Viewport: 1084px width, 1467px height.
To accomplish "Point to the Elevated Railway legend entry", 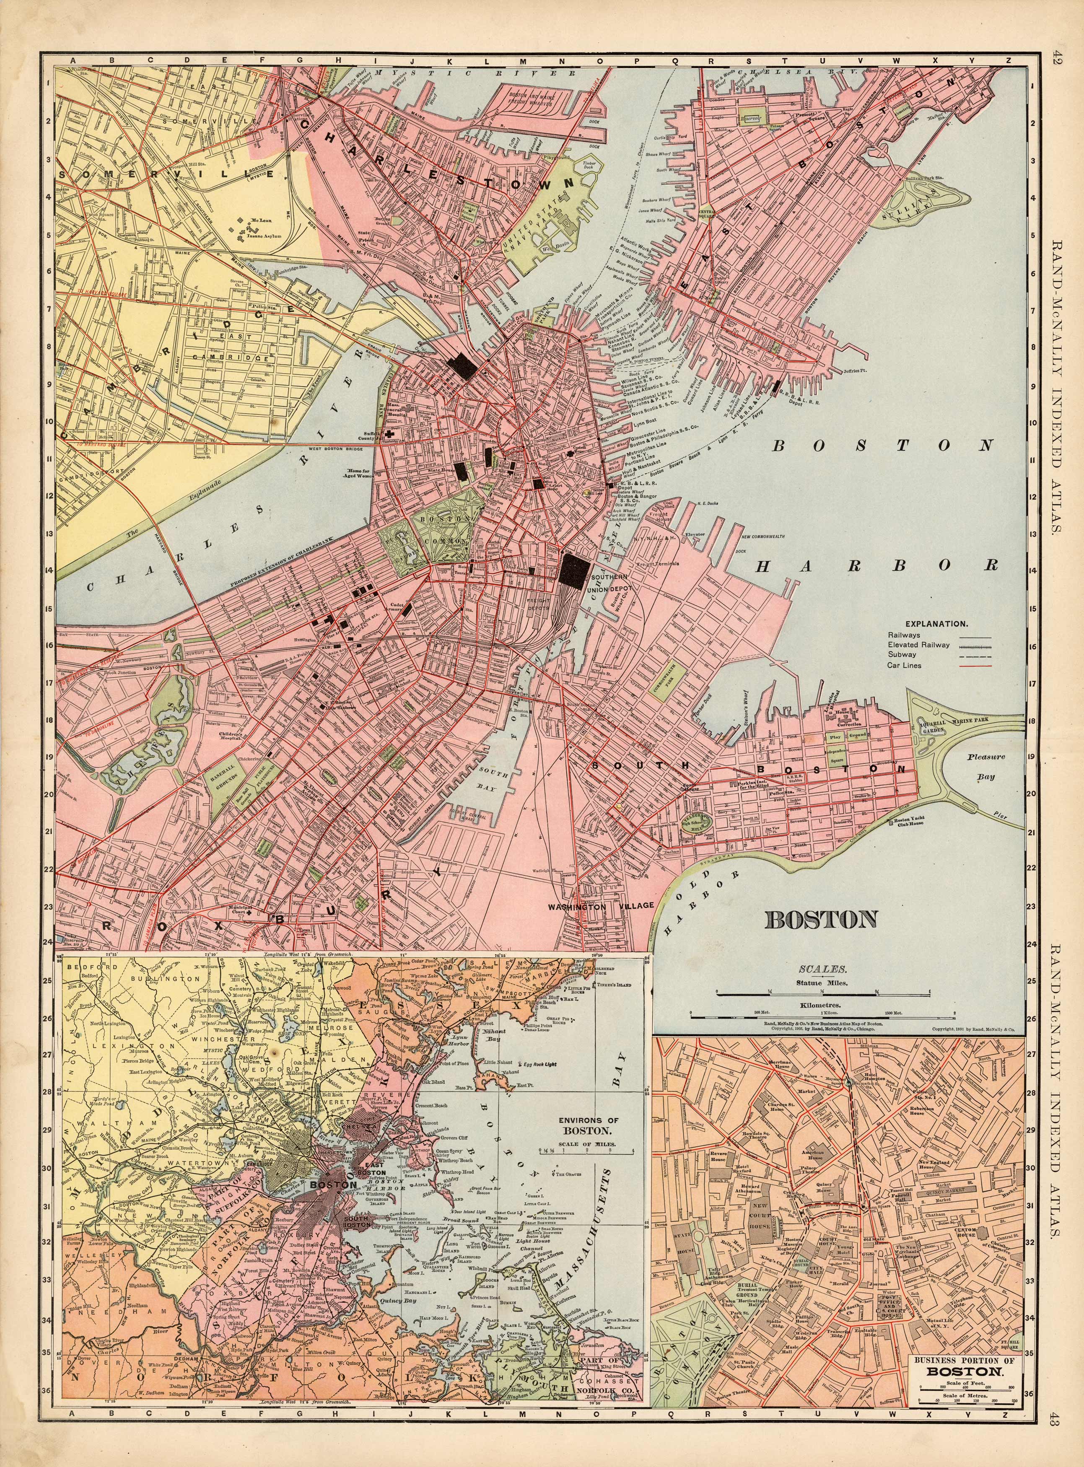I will (x=919, y=645).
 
